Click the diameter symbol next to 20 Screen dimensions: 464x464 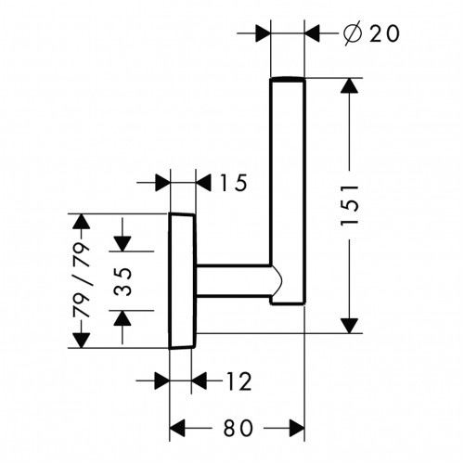[x=353, y=33]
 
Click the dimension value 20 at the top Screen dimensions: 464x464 [x=384, y=33]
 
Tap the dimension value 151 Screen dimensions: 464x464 [x=350, y=205]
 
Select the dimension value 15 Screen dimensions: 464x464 [x=233, y=183]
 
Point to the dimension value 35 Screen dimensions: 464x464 [x=123, y=281]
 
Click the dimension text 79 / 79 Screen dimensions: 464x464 [x=81, y=280]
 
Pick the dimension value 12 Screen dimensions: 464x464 [x=238, y=381]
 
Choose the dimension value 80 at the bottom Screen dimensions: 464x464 [x=238, y=429]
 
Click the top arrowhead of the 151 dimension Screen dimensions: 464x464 [x=350, y=85]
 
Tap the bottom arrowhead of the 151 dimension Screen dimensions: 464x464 [x=350, y=326]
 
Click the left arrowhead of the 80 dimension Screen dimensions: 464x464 [x=177, y=429]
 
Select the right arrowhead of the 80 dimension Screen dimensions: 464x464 [x=297, y=429]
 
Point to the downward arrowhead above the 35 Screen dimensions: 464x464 [x=122, y=244]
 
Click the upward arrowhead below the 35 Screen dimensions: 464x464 [x=122, y=317]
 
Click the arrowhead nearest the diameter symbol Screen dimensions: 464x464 [x=312, y=33]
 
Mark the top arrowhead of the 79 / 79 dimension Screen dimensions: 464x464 [x=81, y=221]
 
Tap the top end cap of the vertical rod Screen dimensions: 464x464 [x=288, y=80]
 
